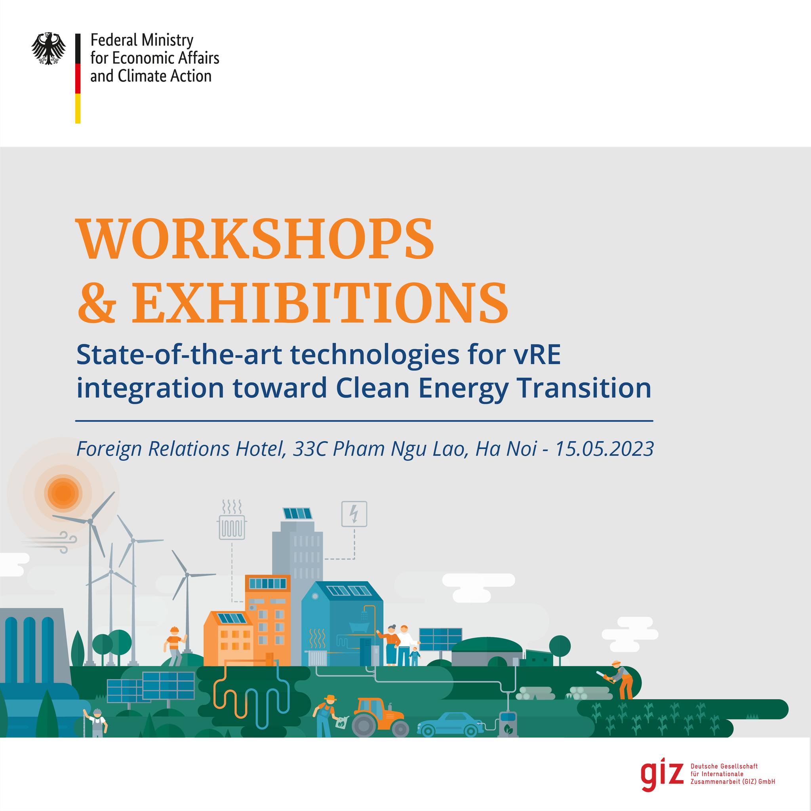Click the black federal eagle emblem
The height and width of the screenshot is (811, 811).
tap(49, 49)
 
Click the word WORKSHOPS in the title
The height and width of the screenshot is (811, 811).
tap(255, 239)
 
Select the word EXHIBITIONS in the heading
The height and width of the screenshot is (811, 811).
tap(320, 302)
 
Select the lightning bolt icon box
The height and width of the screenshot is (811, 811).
tap(354, 513)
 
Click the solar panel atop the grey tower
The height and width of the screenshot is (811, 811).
tap(298, 513)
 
